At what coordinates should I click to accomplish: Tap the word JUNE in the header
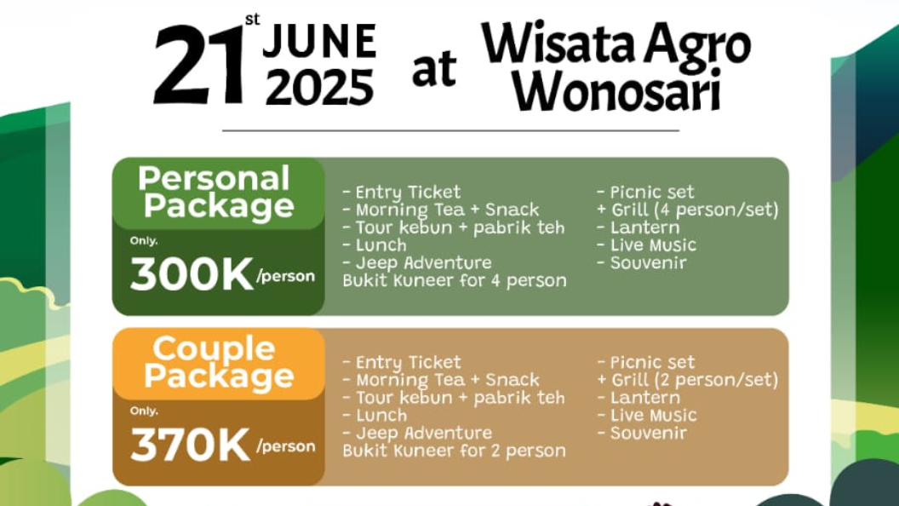pos(319,42)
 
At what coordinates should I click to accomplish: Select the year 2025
pos(319,87)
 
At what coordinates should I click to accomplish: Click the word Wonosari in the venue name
pos(616,90)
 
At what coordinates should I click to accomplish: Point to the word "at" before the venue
pos(434,69)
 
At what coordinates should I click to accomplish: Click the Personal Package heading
pos(217,192)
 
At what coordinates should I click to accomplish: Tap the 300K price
pos(192,274)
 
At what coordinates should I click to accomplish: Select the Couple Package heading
pos(219,362)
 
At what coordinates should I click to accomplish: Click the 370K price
pos(191,445)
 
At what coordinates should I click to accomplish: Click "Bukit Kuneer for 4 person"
pos(454,280)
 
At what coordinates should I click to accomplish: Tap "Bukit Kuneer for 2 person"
pos(454,451)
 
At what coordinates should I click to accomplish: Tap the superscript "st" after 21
pos(252,20)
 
